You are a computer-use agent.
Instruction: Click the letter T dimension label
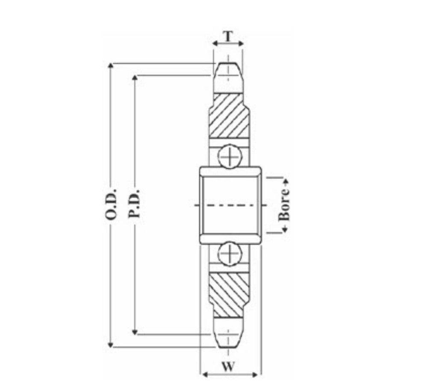coord(229,36)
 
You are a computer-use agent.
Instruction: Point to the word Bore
coord(284,205)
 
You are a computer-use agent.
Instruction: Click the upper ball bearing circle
coord(230,157)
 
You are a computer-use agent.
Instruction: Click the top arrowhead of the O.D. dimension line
coord(111,66)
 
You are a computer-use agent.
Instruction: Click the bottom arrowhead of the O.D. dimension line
coord(111,344)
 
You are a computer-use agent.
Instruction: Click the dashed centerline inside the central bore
coord(231,205)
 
